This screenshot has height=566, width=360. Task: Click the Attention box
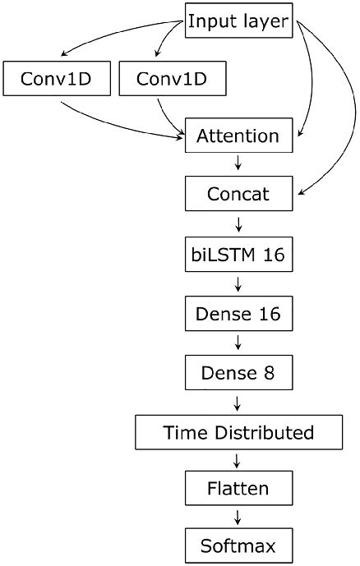click(x=238, y=136)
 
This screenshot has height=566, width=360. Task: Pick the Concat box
click(x=238, y=195)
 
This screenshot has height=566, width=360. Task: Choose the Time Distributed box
click(x=238, y=431)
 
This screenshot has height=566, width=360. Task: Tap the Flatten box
click(x=238, y=490)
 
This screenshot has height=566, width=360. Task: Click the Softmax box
click(x=238, y=545)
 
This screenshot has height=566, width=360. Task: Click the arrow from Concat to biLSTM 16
click(x=238, y=224)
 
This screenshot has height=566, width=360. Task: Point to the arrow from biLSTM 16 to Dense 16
click(x=238, y=283)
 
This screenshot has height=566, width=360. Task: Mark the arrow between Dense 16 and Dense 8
click(x=238, y=343)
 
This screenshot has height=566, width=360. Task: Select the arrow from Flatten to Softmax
click(x=238, y=518)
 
